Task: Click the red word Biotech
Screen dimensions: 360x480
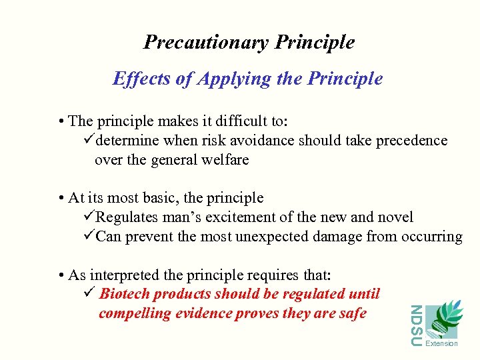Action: point(124,294)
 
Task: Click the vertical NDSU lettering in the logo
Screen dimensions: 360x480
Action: point(415,325)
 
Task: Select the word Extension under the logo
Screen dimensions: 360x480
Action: point(441,343)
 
